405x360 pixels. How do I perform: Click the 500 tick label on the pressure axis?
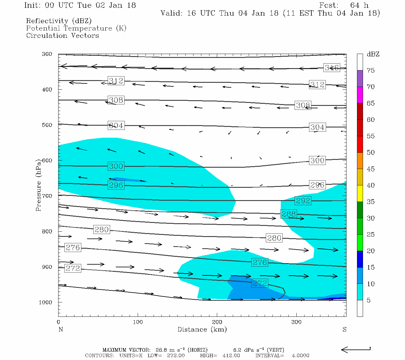click(47, 125)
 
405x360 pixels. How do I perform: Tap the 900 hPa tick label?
click(47, 267)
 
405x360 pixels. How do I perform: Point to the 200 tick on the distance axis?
click(217, 322)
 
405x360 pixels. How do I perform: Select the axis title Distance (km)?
click(202, 329)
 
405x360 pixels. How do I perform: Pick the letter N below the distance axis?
click(61, 329)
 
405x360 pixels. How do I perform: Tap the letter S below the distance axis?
click(344, 329)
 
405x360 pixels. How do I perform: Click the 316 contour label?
click(332, 67)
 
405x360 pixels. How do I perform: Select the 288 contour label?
click(289, 214)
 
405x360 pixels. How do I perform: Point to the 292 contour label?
click(303, 200)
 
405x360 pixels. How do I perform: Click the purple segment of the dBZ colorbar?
click(360, 79)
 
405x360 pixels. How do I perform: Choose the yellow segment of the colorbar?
click(360, 193)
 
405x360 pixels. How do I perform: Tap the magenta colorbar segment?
click(360, 95)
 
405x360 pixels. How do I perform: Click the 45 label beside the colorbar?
click(370, 169)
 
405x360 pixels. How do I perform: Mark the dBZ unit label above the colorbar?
click(373, 54)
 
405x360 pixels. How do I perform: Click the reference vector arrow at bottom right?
click(356, 349)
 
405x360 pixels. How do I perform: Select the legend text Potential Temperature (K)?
click(76, 28)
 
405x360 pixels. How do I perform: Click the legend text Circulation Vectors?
click(62, 35)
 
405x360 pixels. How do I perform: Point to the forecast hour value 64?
click(355, 5)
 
